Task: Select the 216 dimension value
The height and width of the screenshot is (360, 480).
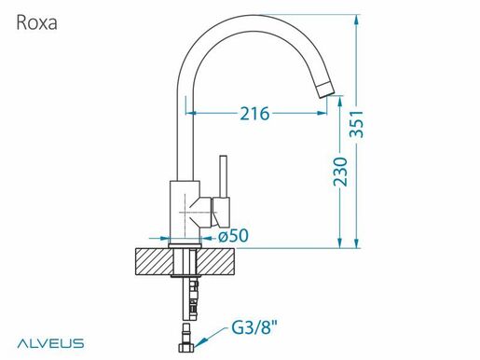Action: (254, 114)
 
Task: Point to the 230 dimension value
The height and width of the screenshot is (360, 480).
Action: (342, 173)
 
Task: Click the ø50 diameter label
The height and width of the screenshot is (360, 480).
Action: (233, 236)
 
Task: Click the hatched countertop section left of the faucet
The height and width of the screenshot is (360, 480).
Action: (156, 262)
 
